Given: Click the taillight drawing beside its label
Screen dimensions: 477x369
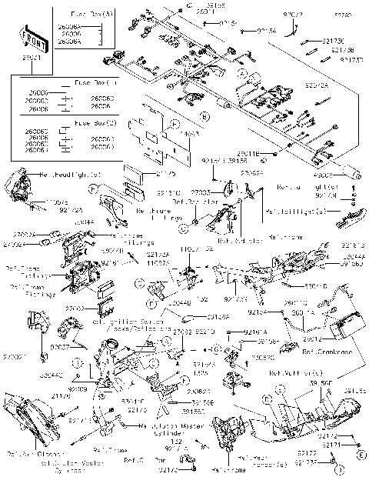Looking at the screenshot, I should click(x=345, y=218).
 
